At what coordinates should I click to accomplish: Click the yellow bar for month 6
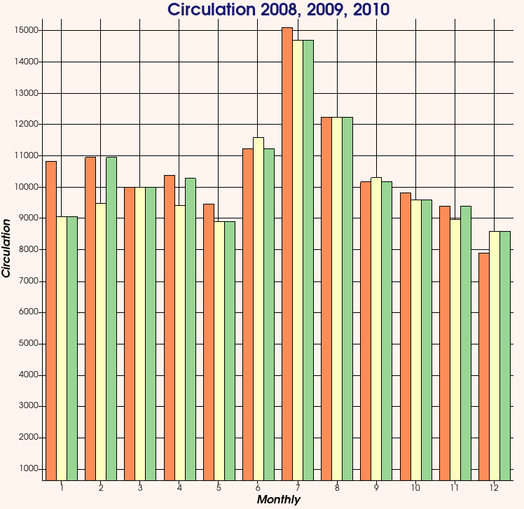[258, 309]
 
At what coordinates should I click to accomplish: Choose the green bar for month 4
[190, 329]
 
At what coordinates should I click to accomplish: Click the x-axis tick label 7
[298, 487]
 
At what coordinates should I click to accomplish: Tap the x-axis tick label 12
[494, 487]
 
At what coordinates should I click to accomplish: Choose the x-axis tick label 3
[140, 487]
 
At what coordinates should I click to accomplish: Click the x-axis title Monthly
[278, 500]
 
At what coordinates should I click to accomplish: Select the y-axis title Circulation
[7, 248]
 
